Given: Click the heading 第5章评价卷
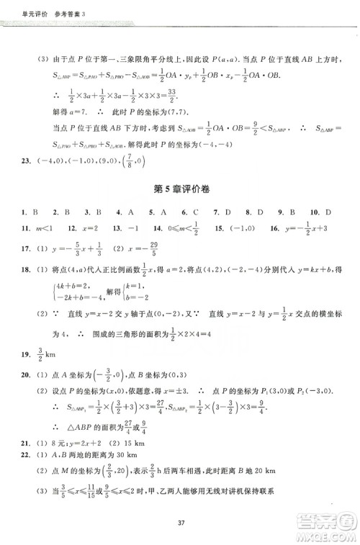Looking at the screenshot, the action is point(180,190).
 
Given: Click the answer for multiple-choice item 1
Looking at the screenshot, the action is point(35,212).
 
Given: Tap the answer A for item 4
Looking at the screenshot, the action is point(131,212).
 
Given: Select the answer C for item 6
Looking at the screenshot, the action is point(195,212).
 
